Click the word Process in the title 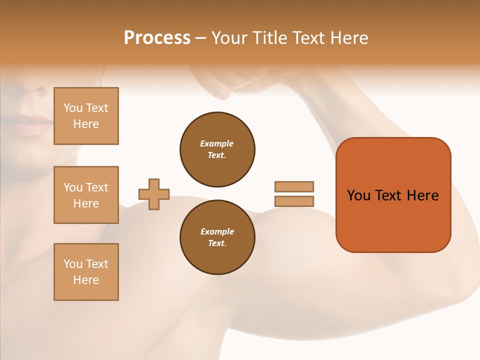pos(157,38)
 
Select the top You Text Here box pos(86,116)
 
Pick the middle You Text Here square pos(86,195)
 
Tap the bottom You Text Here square pos(86,272)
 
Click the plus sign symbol pos(154,194)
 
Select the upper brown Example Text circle pos(217,149)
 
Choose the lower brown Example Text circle pos(217,237)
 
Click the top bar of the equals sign pos(294,186)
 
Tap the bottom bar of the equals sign pos(294,201)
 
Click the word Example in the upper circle pos(217,143)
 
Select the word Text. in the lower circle pos(217,243)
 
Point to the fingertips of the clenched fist pos(220,92)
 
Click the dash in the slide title pos(200,38)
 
